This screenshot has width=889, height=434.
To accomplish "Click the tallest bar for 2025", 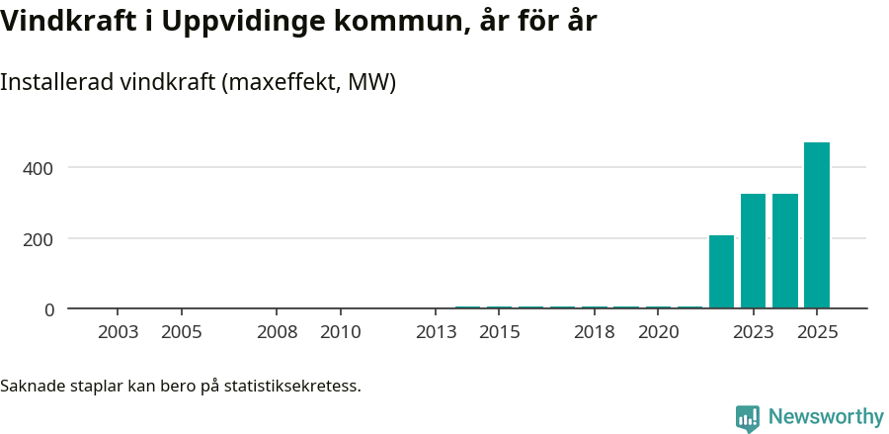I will tap(816, 225).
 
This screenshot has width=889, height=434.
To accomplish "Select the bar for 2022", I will tap(721, 272).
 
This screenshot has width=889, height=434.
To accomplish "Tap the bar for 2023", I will tap(753, 251).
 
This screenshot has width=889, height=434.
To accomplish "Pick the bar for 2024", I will tap(784, 251).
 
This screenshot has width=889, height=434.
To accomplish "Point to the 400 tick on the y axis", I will tap(39, 168).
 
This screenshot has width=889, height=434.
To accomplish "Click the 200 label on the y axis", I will tap(39, 239).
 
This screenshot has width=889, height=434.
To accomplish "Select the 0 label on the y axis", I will tap(48, 309).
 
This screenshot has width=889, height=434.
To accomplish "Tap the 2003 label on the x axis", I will tap(119, 332).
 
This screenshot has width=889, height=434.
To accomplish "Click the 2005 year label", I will tap(182, 332).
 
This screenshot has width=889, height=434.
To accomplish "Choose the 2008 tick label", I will tap(278, 332).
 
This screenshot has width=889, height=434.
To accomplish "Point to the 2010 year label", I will tap(341, 332).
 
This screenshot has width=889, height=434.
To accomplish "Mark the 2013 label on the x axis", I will tap(437, 332).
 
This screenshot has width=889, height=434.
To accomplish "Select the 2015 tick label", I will tap(500, 332).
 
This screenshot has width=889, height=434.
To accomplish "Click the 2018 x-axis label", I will tap(595, 332).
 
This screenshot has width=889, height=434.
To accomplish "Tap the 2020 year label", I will tap(658, 332).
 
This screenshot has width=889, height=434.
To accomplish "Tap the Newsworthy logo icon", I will tap(748, 418).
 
